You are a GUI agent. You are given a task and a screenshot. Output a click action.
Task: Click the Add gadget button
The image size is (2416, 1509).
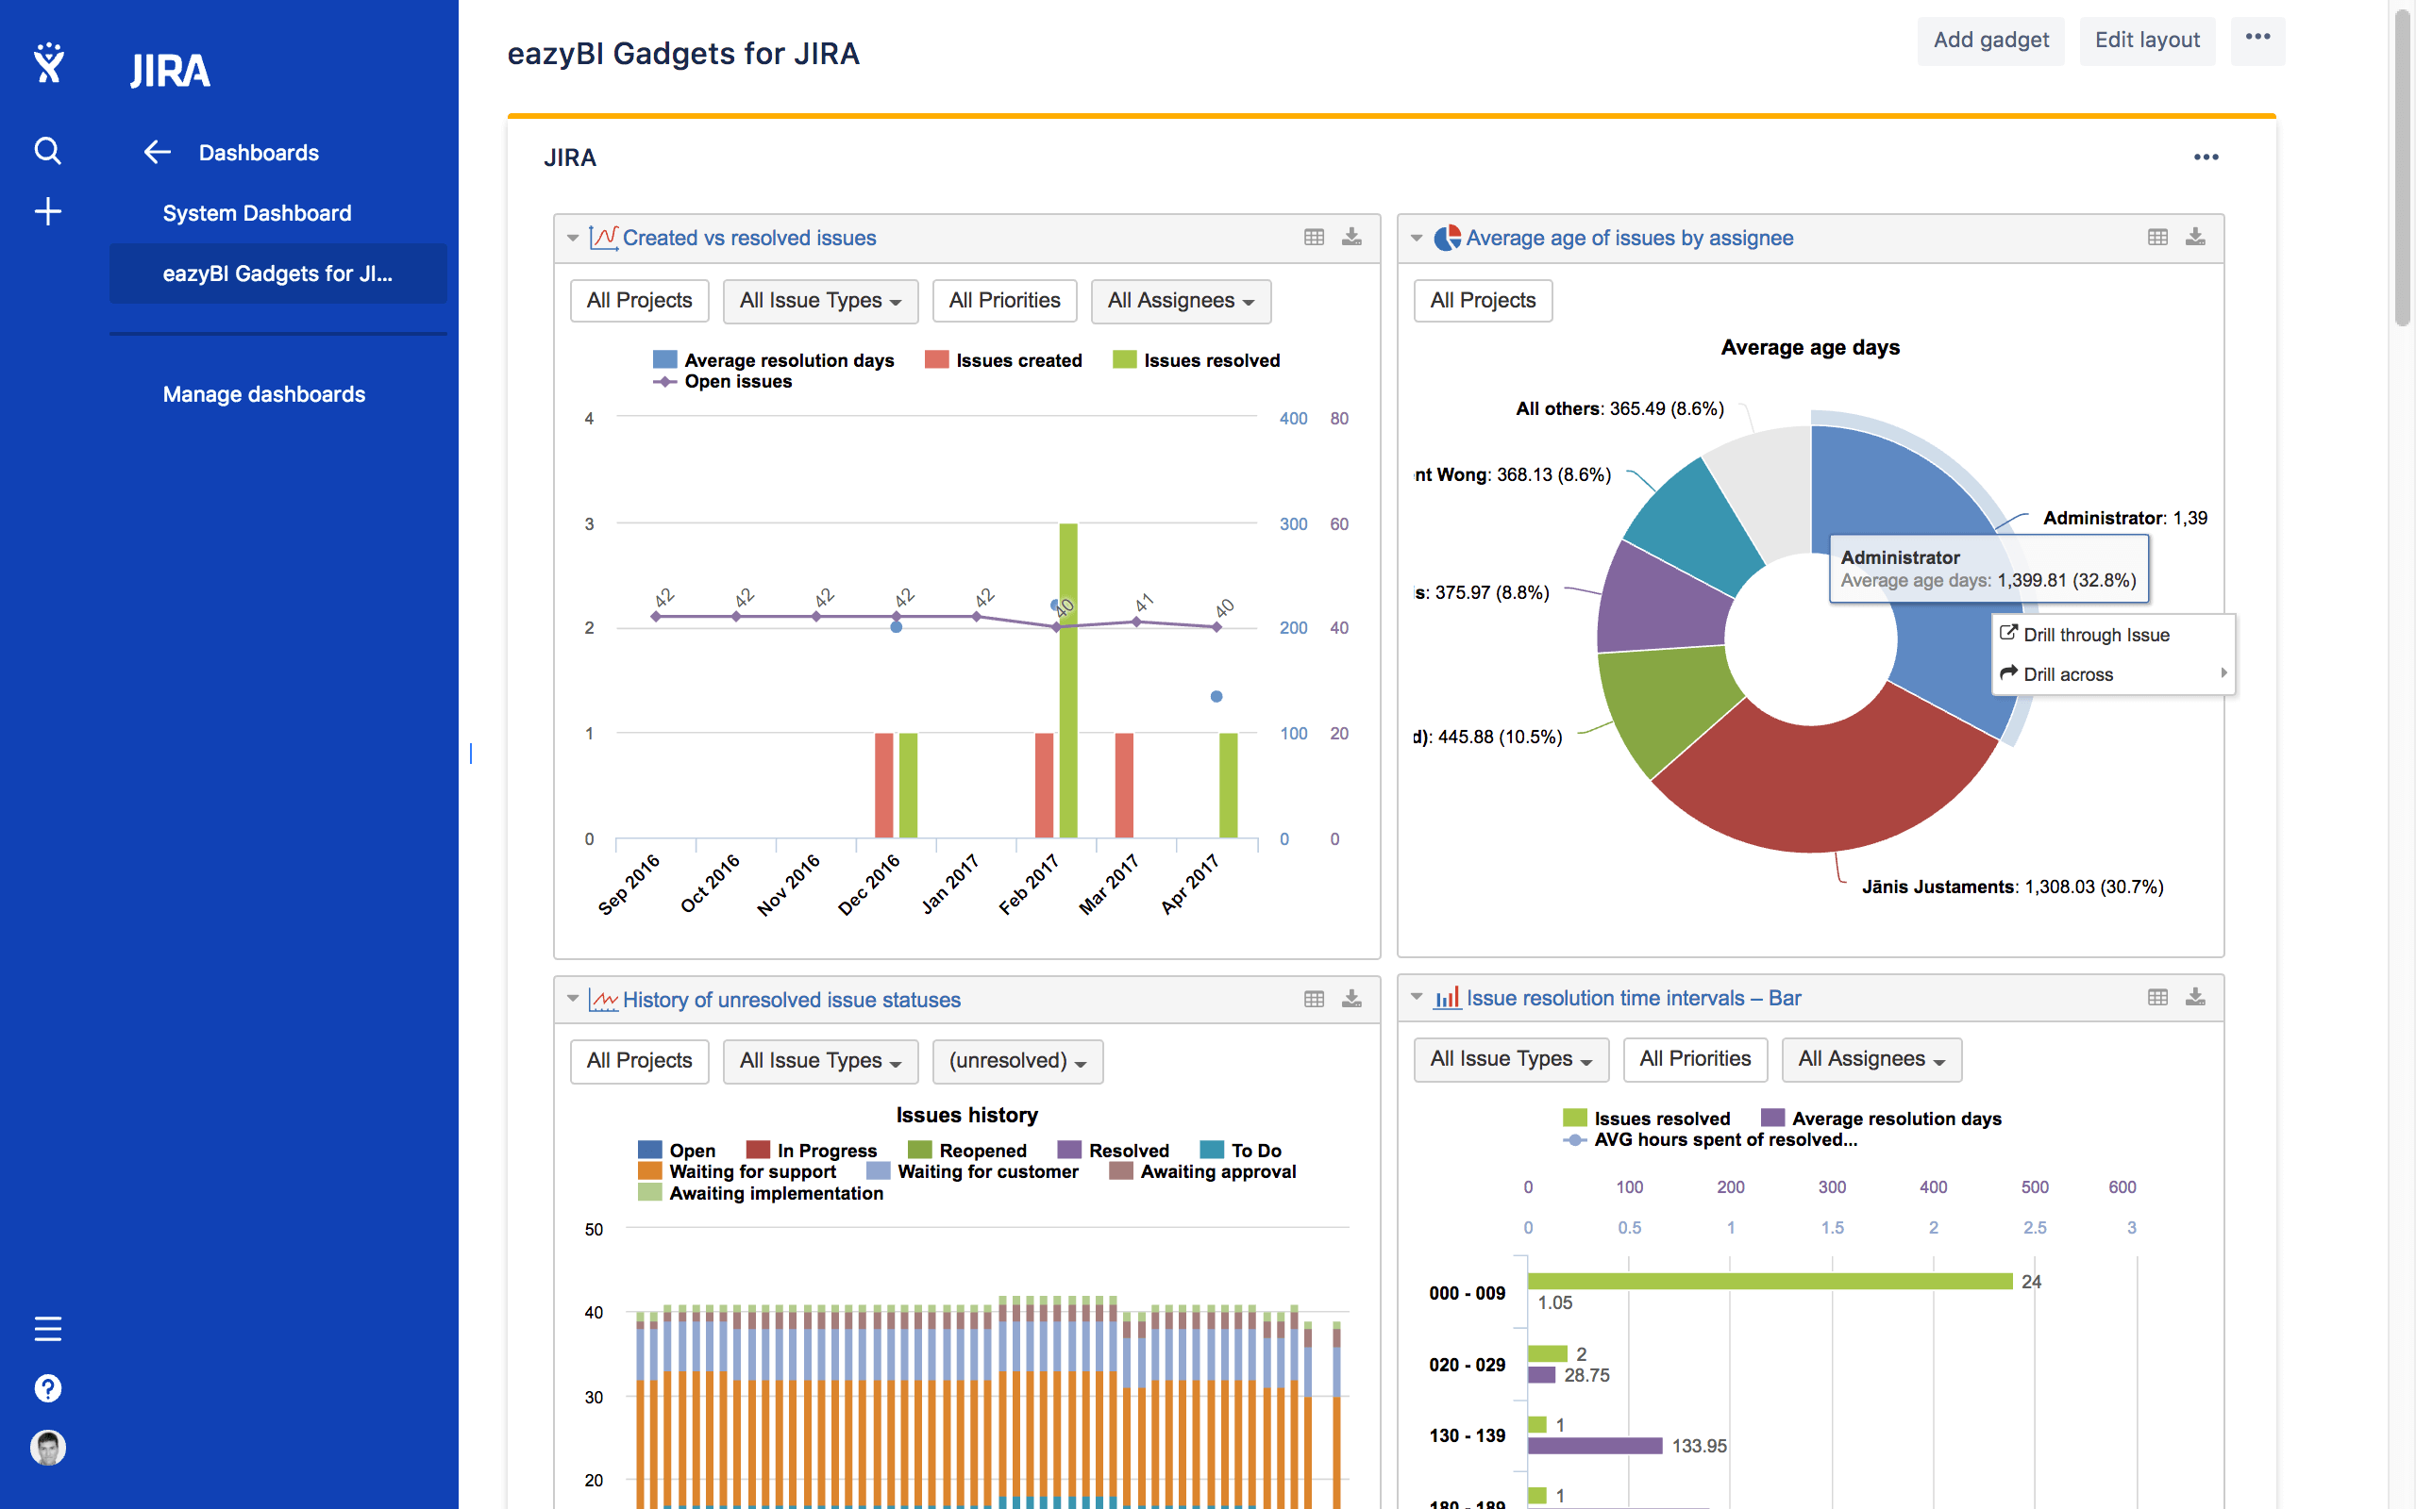point(1989,40)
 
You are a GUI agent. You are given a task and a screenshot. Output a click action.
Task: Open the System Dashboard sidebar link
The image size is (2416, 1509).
point(257,212)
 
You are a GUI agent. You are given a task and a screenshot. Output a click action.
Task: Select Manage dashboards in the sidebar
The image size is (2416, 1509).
point(263,394)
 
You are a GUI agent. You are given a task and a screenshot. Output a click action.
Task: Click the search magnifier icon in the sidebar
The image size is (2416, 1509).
point(47,151)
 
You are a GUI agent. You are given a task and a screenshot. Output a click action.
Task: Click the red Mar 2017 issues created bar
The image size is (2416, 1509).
point(1124,786)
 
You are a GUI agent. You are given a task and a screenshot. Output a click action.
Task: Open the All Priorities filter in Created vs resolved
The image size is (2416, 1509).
point(1004,301)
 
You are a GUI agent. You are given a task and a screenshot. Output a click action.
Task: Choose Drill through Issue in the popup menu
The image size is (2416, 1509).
point(2095,635)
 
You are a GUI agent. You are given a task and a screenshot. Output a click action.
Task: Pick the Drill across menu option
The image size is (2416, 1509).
point(2068,674)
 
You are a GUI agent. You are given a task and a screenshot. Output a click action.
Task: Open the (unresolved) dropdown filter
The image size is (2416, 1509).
point(1017,1061)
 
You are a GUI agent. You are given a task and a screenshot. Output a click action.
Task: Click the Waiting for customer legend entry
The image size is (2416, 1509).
point(986,1171)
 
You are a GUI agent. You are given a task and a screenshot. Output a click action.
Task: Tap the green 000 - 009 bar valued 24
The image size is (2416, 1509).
point(1767,1282)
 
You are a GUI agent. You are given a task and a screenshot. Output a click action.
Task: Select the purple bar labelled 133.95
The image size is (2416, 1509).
point(1594,1445)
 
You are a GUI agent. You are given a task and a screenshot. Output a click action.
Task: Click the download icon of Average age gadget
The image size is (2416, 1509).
point(2195,238)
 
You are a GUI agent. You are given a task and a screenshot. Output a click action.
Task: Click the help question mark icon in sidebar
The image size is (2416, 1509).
point(47,1388)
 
